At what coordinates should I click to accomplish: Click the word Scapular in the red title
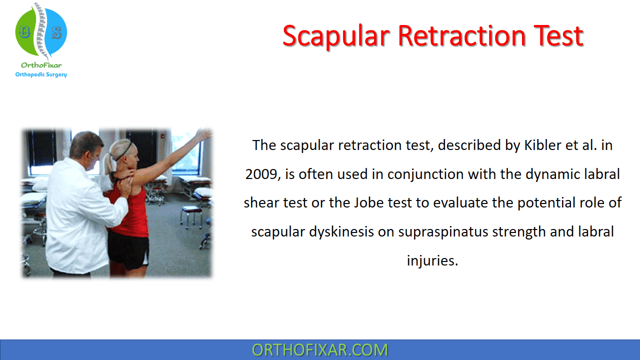coord(336,36)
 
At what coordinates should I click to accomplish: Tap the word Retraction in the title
coord(461,36)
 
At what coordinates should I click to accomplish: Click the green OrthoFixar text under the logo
coord(41,65)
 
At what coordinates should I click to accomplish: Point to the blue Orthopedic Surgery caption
coord(41,74)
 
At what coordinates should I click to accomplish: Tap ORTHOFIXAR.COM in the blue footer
coord(319,350)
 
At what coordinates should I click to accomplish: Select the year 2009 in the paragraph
coord(261,174)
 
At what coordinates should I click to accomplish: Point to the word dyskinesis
coord(341,231)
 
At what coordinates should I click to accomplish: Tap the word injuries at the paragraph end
coord(432,260)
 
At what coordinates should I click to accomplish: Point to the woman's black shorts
coord(128,250)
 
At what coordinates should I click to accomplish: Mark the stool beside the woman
coord(191,216)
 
